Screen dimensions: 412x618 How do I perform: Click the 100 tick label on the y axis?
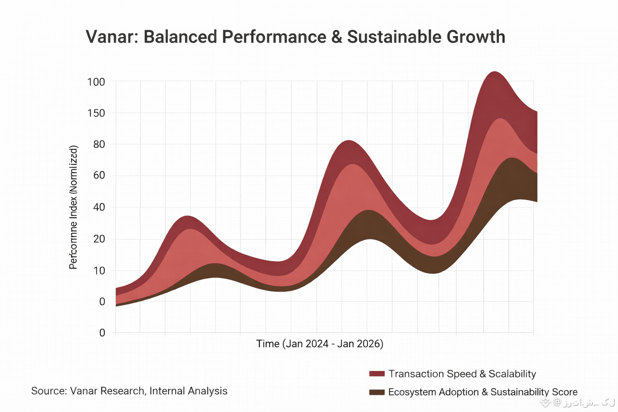96,82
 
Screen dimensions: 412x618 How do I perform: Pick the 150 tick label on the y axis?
96,113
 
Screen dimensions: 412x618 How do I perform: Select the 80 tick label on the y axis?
99,144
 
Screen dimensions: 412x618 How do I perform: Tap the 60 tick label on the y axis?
99,175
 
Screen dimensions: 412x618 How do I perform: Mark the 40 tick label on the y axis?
99,207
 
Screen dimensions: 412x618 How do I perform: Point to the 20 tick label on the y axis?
99,239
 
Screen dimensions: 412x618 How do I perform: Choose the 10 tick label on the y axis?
99,271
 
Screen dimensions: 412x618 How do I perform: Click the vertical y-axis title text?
73,207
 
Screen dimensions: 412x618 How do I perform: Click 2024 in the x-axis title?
317,344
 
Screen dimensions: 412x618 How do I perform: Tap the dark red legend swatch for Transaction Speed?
377,374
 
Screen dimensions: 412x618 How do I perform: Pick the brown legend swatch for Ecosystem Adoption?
377,392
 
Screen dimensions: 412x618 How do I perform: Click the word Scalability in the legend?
512,374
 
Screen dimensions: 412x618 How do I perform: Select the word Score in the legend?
564,392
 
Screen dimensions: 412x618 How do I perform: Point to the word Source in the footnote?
47,391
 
